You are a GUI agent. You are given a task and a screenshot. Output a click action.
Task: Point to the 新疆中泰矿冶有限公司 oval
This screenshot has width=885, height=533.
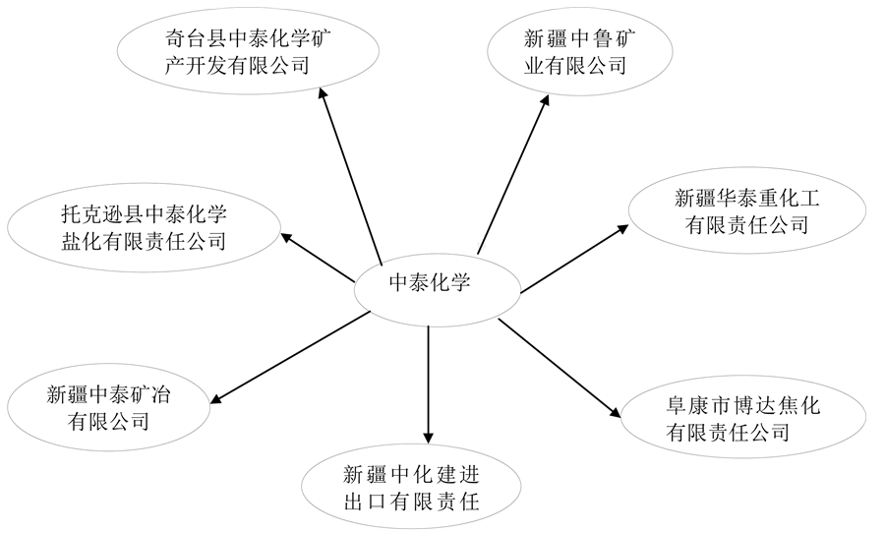tap(108, 408)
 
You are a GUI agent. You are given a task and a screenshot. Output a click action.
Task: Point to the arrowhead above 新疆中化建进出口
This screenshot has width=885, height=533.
tap(428, 437)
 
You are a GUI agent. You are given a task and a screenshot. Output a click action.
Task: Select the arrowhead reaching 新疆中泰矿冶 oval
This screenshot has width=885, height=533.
tap(217, 397)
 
